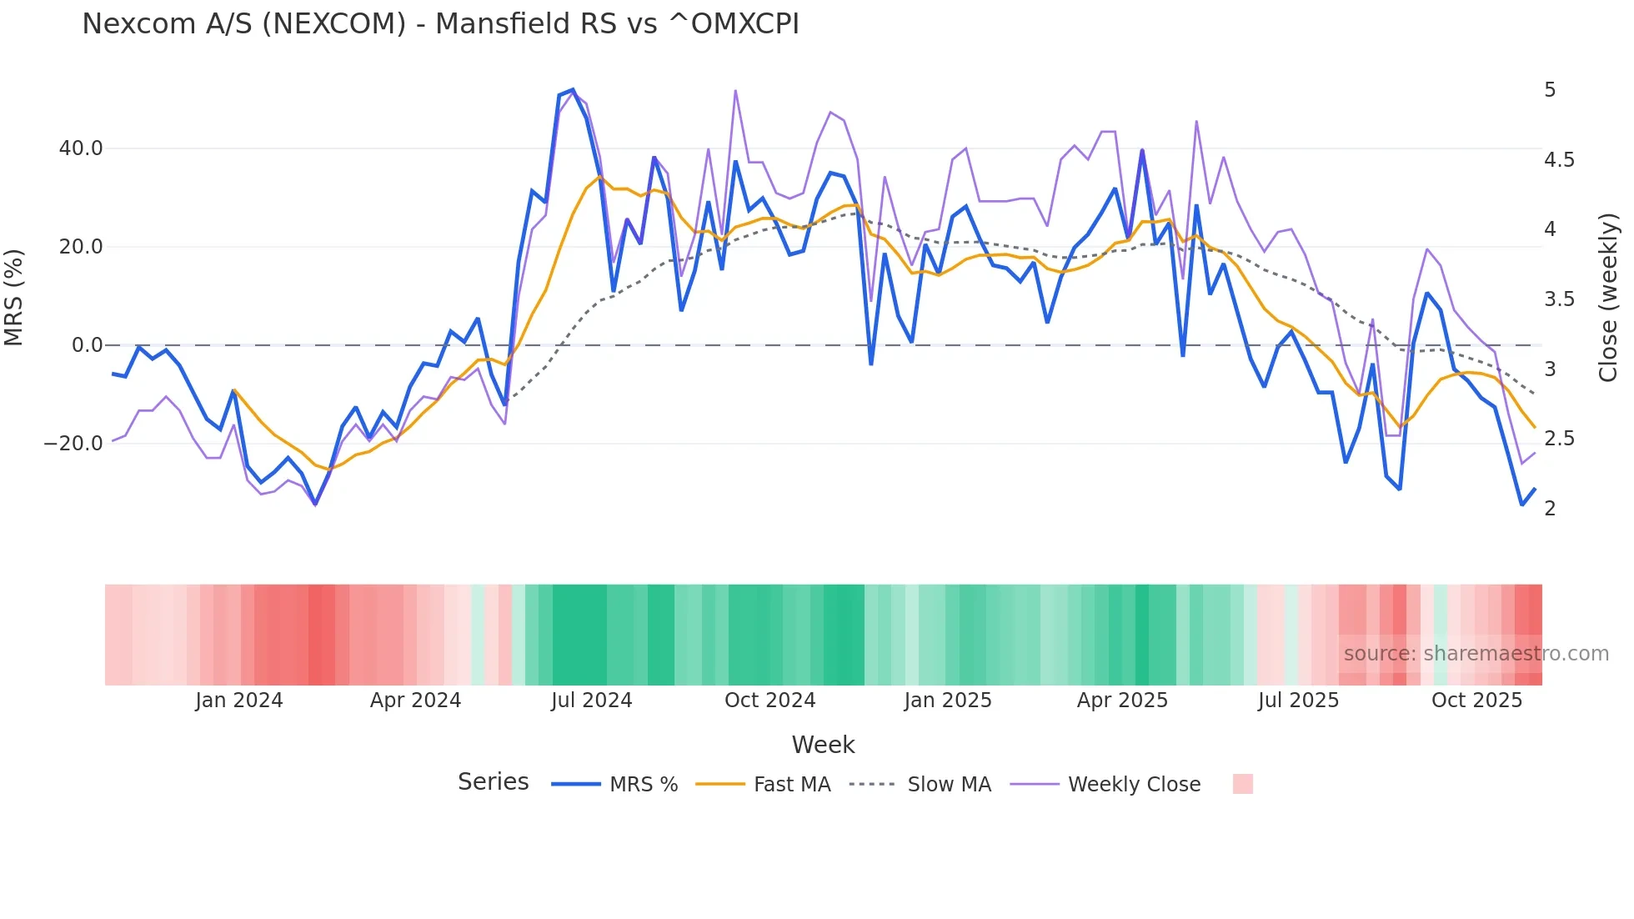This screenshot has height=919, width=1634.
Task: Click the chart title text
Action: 440,24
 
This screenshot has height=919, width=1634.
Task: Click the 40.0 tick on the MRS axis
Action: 81,148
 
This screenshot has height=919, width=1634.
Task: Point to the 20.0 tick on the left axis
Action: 81,247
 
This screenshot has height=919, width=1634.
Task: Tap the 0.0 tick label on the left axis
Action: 87,345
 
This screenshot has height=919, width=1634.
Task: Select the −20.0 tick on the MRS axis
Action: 73,444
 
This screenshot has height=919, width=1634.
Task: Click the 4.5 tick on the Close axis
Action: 1559,160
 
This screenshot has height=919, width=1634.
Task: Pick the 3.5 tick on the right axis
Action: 1559,299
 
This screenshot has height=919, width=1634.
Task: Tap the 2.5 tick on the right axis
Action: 1559,439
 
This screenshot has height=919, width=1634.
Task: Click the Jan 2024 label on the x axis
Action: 239,701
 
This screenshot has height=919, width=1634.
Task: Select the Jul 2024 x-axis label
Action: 591,701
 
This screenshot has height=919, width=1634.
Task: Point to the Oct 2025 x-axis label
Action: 1476,701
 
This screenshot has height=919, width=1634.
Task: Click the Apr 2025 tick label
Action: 1122,701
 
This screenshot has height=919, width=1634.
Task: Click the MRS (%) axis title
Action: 14,297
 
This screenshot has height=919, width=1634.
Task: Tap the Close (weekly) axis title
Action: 1608,297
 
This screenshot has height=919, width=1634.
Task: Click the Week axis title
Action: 823,745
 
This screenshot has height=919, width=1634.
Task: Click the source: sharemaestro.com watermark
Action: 1476,654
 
